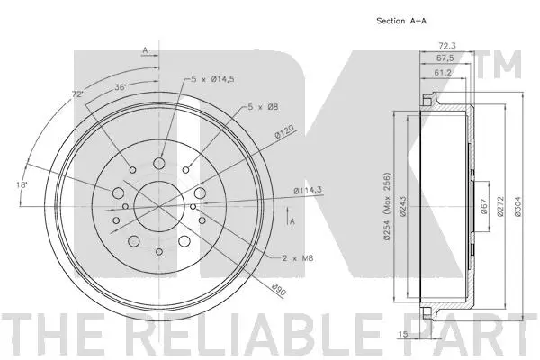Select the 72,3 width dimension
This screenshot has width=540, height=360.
click(x=446, y=44)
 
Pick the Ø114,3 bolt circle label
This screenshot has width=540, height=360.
click(x=309, y=189)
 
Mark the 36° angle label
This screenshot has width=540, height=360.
click(x=120, y=87)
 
